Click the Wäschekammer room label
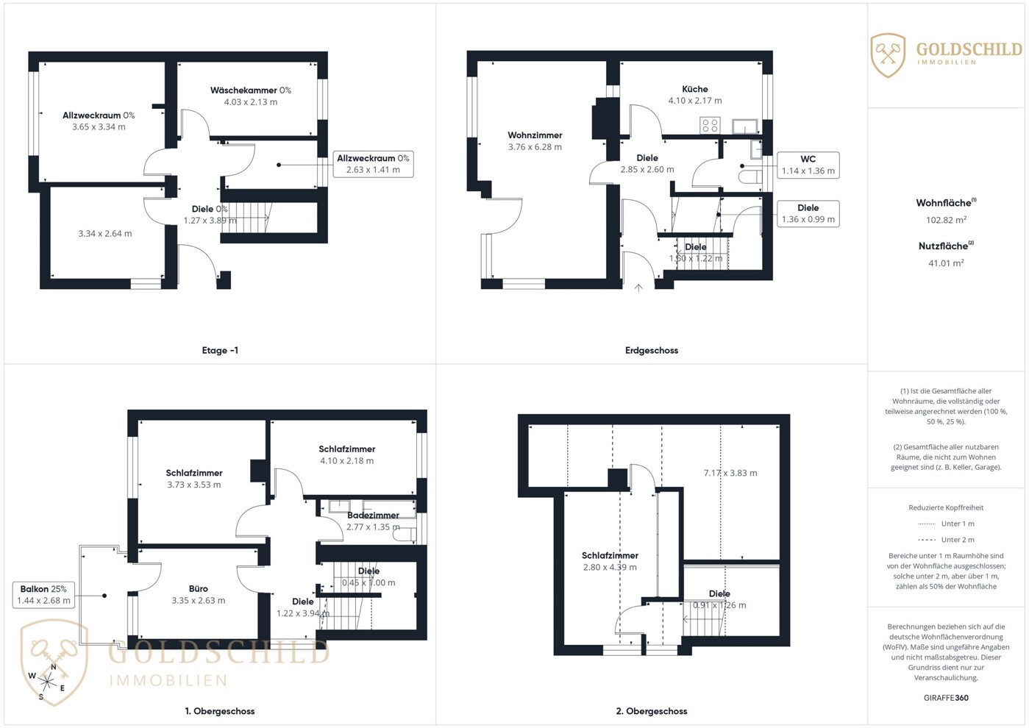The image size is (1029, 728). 244,90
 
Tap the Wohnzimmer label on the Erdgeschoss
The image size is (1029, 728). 535,135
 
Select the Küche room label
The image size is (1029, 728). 694,89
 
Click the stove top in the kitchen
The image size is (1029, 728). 710,126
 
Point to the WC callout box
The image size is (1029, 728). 808,165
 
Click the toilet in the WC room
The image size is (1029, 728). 750,176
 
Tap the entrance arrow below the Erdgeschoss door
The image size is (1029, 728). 638,288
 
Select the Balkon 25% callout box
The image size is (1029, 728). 43,595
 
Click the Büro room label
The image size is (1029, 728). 199,588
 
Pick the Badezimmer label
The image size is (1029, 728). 373,515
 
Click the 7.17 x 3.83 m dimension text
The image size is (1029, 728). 730,473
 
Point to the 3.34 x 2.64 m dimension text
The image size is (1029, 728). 104,233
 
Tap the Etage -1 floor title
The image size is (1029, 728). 220,350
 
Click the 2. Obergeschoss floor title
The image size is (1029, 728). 652,711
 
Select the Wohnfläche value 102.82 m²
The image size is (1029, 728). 946,220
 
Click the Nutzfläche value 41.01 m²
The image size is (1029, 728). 946,263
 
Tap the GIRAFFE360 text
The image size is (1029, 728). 946,698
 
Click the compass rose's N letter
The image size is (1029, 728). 53,667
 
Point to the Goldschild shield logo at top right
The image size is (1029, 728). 888,55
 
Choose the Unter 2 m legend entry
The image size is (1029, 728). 946,539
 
